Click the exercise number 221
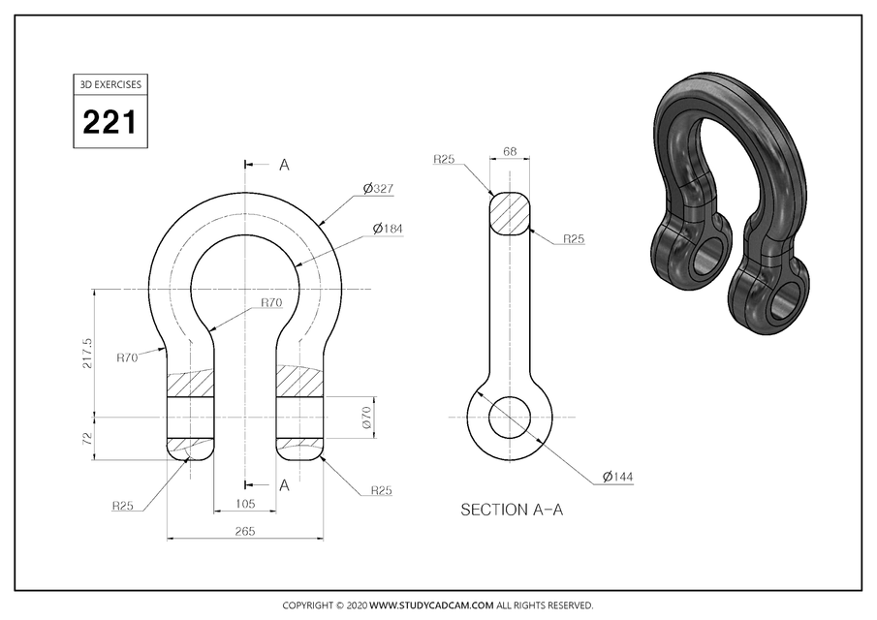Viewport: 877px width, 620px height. point(109,123)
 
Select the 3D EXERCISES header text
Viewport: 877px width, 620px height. point(109,84)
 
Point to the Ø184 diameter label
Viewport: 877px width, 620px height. point(388,229)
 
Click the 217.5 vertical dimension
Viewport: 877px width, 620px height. point(88,353)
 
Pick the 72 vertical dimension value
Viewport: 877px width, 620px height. point(88,438)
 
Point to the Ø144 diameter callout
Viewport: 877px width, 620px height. point(617,477)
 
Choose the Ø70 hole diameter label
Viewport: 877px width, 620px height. point(366,418)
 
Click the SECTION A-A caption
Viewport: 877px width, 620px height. point(511,510)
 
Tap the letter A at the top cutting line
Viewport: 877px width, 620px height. point(284,165)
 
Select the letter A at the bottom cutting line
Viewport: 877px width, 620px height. point(284,485)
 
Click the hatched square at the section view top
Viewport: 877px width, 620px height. point(510,211)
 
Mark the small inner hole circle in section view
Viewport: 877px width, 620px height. point(510,418)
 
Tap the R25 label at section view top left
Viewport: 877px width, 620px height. point(445,158)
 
